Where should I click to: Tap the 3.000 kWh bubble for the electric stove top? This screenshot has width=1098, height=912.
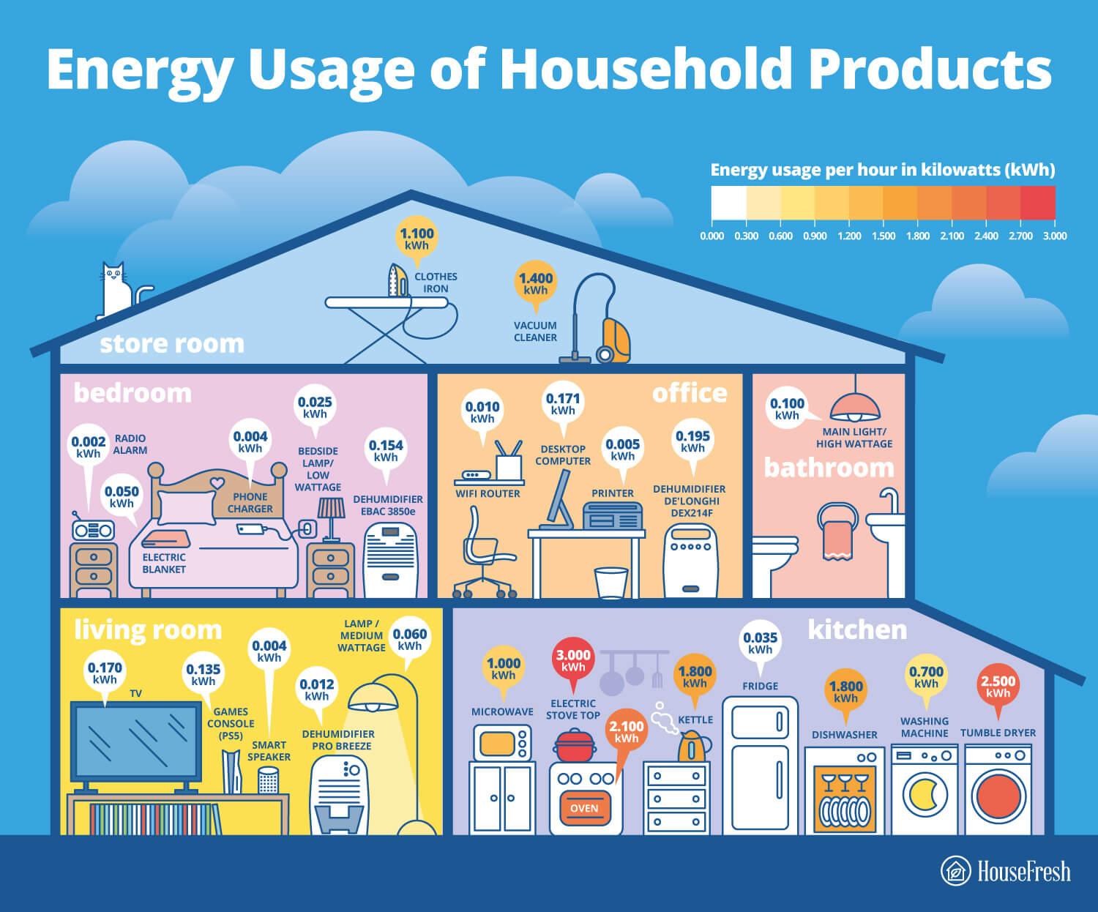[x=573, y=662]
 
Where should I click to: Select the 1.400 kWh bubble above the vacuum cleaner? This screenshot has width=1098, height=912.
[x=535, y=285]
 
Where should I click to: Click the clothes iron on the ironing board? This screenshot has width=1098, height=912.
[x=397, y=280]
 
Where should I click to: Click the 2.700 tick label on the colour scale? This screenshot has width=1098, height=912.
[x=1020, y=236]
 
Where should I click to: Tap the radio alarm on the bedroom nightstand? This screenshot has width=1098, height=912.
[x=93, y=528]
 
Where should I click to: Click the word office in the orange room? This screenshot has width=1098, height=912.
[x=690, y=393]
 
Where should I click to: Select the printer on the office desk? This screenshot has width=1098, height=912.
[x=613, y=516]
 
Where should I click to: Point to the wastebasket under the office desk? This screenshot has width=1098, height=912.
[x=611, y=583]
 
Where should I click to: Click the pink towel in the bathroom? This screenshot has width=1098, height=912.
[x=837, y=540]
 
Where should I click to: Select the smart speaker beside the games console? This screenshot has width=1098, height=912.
[x=268, y=780]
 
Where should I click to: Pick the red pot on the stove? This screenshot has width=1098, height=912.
[x=574, y=745]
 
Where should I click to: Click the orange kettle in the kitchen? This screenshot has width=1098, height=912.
[x=694, y=747]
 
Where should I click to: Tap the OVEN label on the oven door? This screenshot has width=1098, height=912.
[x=584, y=808]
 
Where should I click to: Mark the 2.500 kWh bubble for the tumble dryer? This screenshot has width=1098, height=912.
[x=998, y=687]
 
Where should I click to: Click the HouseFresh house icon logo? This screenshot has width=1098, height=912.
[x=955, y=871]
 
